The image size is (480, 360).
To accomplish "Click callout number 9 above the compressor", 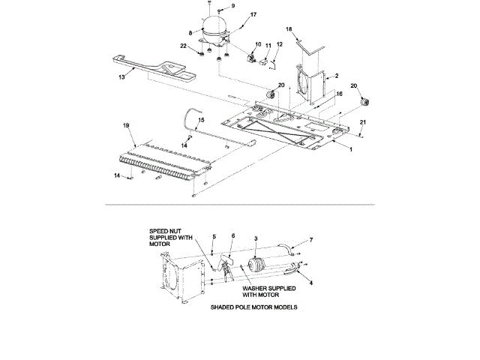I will tap(212, 6).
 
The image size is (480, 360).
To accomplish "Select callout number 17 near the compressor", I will tap(232, 15).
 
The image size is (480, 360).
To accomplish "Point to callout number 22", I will tap(183, 46).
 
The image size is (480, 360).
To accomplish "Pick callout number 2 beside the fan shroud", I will tap(337, 76).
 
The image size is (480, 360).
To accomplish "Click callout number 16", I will tap(338, 94).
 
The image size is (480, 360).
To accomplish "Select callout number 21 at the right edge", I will tap(364, 122).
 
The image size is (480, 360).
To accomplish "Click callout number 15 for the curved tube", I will tap(200, 120).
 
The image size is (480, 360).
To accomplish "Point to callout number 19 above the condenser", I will tap(126, 125).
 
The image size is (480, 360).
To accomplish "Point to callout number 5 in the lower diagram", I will tap(214, 236).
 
